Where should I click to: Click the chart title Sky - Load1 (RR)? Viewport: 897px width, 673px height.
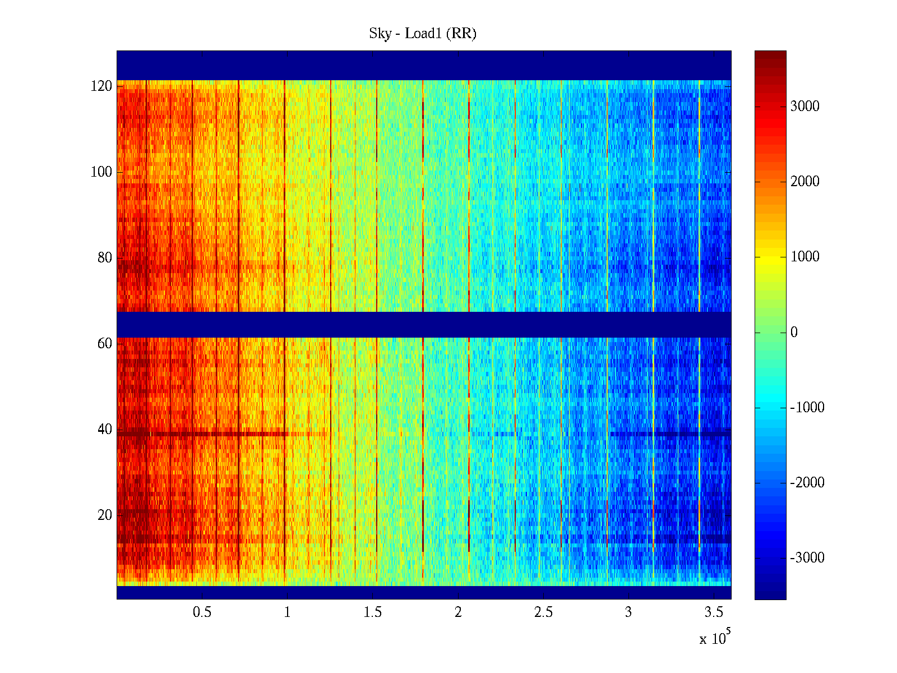pos(423,34)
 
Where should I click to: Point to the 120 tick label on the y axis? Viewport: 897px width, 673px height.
pos(101,86)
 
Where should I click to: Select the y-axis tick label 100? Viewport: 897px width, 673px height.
pos(101,172)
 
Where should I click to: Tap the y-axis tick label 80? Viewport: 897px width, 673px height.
pos(105,258)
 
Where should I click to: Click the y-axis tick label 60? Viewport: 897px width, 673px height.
pos(105,344)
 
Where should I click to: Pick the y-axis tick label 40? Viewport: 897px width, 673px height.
pos(105,430)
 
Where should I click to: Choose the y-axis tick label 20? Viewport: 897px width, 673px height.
pos(105,515)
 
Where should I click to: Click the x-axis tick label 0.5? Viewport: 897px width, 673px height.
pos(202,612)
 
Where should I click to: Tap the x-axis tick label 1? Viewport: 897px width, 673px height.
pos(287,612)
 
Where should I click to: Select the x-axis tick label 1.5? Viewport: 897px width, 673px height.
pos(372,612)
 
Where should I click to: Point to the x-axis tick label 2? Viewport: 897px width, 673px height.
pos(458,612)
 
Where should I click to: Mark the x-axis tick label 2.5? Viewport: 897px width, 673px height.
pos(543,612)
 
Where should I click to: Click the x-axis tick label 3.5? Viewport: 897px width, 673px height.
pos(714,612)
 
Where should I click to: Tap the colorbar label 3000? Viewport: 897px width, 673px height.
pos(804,107)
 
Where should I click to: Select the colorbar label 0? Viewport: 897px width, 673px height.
pos(794,333)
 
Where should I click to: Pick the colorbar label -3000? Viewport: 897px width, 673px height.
pos(807,558)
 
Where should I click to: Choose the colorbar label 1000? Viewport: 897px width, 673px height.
pos(804,257)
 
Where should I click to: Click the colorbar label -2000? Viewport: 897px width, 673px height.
pos(807,483)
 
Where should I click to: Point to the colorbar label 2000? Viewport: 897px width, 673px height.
pos(804,182)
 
